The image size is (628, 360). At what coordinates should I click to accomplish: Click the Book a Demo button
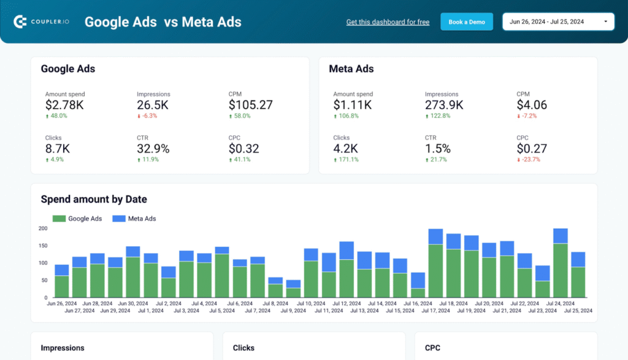point(466,22)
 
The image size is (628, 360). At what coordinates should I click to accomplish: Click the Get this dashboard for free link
point(388,22)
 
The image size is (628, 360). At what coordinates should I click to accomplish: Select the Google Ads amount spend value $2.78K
point(64,105)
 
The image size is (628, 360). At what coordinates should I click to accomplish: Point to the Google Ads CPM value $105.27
point(250,105)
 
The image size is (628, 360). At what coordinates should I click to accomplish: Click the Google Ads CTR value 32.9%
point(153,148)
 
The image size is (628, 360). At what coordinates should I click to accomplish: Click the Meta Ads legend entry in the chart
point(136,218)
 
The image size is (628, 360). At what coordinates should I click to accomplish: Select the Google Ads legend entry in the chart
point(78,218)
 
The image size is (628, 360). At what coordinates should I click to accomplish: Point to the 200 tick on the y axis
point(43,228)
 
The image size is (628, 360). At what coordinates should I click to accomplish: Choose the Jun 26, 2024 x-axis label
point(62,303)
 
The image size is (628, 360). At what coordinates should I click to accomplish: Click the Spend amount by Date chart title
point(94,199)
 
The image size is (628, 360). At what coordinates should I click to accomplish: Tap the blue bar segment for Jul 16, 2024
point(418,280)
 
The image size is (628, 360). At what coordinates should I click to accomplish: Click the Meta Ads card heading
point(351,69)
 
